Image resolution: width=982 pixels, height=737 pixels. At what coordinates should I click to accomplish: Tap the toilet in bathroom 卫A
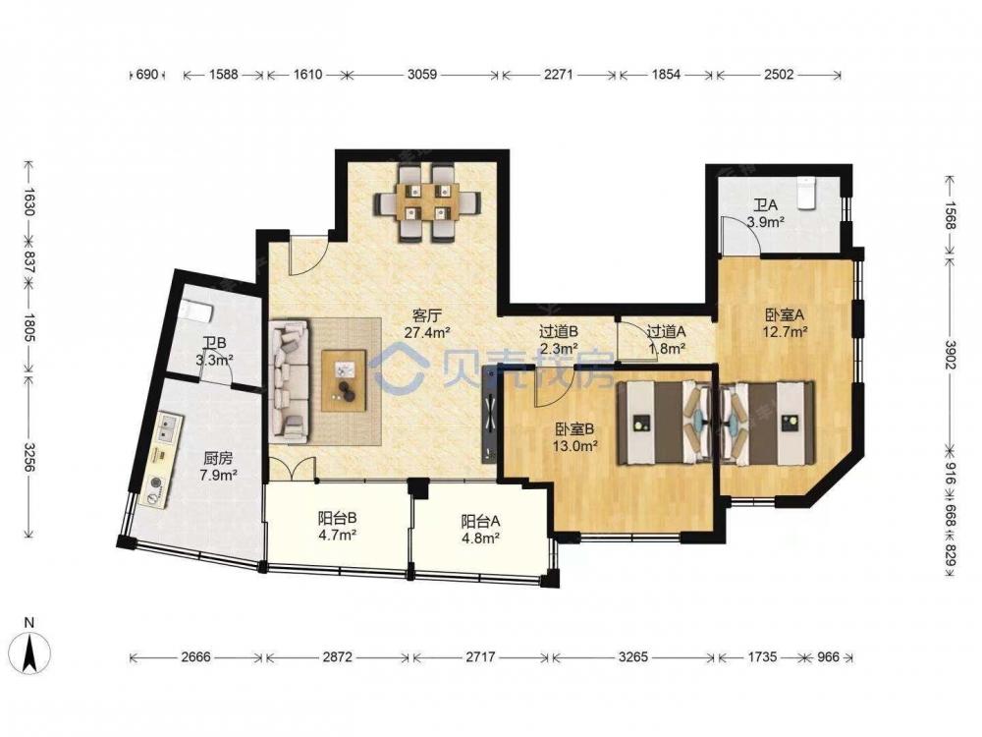tap(806, 192)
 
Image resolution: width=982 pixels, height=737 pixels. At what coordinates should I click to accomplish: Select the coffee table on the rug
tap(344, 381)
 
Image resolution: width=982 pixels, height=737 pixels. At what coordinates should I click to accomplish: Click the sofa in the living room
tap(290, 380)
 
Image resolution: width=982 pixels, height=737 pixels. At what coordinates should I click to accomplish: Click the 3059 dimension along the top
tap(422, 75)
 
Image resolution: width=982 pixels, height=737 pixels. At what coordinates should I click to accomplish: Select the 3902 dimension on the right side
tap(950, 355)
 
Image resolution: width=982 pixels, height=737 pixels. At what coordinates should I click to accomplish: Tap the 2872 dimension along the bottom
tap(337, 657)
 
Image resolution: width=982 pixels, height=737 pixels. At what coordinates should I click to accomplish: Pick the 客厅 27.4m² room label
tap(428, 323)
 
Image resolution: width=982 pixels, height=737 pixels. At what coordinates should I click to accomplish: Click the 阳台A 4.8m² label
tap(480, 529)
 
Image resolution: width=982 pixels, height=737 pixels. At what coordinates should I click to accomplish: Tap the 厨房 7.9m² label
tap(218, 467)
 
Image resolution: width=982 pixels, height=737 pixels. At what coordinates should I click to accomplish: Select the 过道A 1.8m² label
tap(666, 338)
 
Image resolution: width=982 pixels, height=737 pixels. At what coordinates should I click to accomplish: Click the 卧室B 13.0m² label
tap(574, 437)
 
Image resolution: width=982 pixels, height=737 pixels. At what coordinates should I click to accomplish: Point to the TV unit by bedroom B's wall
tap(488, 422)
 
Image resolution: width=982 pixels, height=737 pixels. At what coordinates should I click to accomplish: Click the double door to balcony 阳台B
tap(293, 468)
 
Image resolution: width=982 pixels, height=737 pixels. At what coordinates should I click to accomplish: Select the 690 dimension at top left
tap(146, 75)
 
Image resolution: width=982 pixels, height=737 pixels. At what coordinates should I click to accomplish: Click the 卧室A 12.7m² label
tap(784, 322)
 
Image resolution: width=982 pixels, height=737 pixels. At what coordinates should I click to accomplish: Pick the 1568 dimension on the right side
tap(950, 215)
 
